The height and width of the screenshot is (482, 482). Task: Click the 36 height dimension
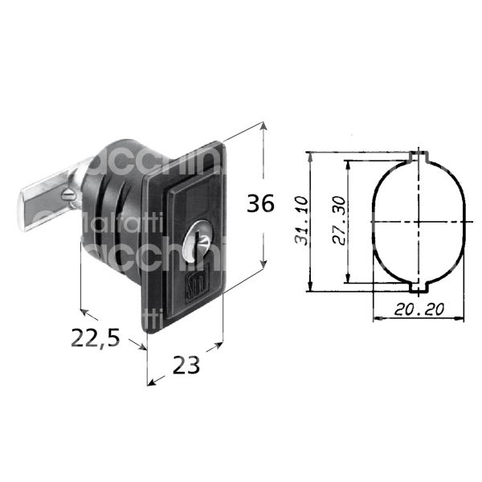[x=260, y=205]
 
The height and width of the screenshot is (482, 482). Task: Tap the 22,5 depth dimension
[x=95, y=339]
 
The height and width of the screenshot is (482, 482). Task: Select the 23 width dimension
[x=186, y=366]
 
